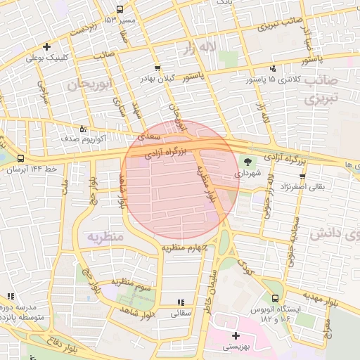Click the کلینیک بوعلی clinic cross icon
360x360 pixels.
46,47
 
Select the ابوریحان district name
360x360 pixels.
90,85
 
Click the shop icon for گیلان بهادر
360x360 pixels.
157,68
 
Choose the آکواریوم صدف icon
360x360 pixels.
84,129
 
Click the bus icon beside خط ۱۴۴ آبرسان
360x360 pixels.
20,159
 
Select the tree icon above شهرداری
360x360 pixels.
247,161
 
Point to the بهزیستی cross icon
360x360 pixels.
236,335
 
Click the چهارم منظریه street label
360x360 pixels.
182,247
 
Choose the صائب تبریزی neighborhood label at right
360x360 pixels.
321,89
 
